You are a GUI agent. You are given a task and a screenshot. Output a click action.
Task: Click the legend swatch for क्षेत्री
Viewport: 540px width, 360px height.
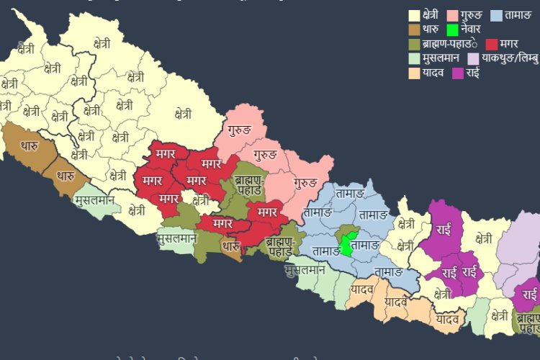click(x=415, y=15)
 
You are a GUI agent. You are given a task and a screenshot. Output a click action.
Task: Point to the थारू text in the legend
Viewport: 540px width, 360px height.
click(x=431, y=30)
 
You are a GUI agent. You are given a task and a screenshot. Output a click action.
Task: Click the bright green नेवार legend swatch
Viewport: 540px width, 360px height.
click(x=452, y=30)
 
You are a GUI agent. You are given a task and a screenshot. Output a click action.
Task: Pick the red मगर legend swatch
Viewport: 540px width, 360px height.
click(x=492, y=45)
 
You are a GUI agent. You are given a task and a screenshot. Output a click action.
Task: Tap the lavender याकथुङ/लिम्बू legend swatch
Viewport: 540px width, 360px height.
click(x=473, y=59)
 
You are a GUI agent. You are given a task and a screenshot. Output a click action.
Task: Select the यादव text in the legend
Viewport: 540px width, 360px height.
click(x=433, y=73)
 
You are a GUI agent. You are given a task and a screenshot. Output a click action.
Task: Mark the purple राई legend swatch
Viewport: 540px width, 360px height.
click(x=458, y=73)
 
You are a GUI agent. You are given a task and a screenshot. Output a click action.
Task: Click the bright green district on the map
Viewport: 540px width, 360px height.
click(x=348, y=244)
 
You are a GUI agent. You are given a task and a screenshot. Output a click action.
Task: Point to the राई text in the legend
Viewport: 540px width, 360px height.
click(x=473, y=73)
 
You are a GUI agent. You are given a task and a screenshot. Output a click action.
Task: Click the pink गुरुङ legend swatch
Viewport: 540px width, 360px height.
click(x=453, y=15)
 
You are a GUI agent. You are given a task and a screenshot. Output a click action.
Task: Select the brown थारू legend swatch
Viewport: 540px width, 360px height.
click(x=415, y=30)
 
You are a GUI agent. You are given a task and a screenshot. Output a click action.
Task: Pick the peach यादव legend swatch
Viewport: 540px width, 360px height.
click(x=415, y=73)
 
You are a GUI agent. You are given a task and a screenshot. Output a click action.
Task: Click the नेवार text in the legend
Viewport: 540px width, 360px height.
click(x=472, y=30)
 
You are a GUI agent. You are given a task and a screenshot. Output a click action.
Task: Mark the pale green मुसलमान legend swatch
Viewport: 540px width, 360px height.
click(x=415, y=59)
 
